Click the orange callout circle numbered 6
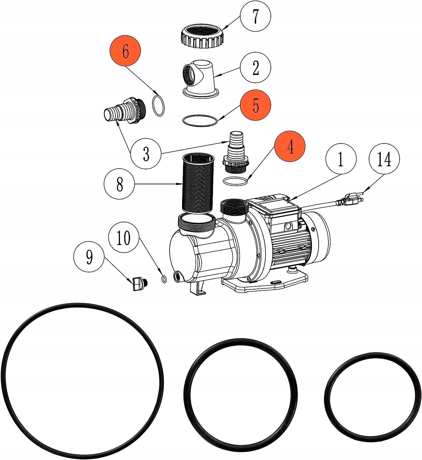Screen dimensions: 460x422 [x=126, y=51]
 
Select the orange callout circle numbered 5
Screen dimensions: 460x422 [x=256, y=105]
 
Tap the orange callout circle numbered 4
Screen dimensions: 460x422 [x=290, y=147]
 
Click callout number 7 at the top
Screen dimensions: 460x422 [x=256, y=16]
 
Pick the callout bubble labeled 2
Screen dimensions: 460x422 [x=256, y=67]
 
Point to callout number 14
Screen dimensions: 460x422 [x=384, y=159]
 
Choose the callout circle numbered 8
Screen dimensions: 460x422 [x=119, y=184]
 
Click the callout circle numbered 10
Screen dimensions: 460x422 [x=124, y=238]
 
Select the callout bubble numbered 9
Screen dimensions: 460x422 [x=89, y=256]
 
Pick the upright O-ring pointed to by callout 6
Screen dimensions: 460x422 [x=159, y=105]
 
